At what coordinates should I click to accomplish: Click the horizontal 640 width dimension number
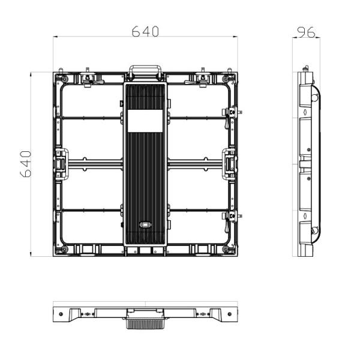point(146,32)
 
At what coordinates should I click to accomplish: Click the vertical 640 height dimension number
point(26,164)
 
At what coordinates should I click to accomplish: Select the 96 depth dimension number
point(307,32)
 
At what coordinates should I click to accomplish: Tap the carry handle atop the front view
point(145,71)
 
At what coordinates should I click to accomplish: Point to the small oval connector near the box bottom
point(145,226)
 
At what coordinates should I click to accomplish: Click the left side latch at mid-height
point(62,164)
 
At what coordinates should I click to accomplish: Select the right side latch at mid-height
point(230,164)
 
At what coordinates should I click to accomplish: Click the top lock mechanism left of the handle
point(89,79)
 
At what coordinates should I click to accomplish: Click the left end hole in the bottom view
point(61,313)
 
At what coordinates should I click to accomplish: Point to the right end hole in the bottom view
point(229,313)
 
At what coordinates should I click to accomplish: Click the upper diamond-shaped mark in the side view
point(306,112)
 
